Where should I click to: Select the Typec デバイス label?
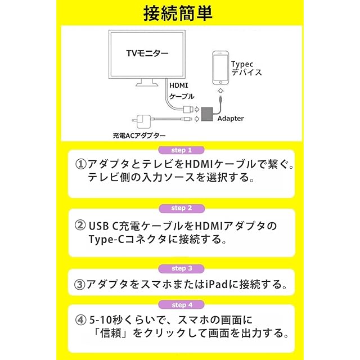(x=246, y=69)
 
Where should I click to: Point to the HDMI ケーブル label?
(x=182, y=91)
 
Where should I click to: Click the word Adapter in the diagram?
(x=231, y=119)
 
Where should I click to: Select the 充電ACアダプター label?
(x=139, y=136)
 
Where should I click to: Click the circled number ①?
(x=81, y=164)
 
